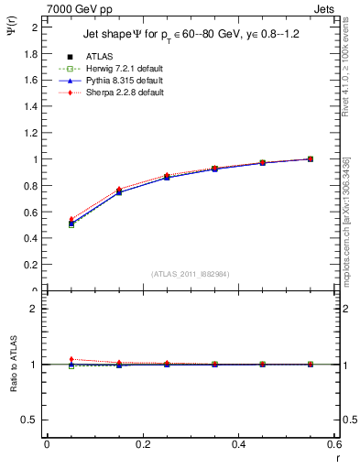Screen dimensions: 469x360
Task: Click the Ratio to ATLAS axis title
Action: tap(12, 365)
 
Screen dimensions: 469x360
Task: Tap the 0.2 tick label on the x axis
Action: tap(143, 444)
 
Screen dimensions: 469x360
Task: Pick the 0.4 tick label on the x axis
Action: tap(238, 444)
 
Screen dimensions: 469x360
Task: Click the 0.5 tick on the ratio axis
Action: tap(30, 420)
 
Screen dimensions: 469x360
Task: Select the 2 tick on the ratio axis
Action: tap(34, 309)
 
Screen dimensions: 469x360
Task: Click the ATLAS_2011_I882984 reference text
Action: tap(190, 273)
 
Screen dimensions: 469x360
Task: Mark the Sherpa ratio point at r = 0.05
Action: tap(71, 359)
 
